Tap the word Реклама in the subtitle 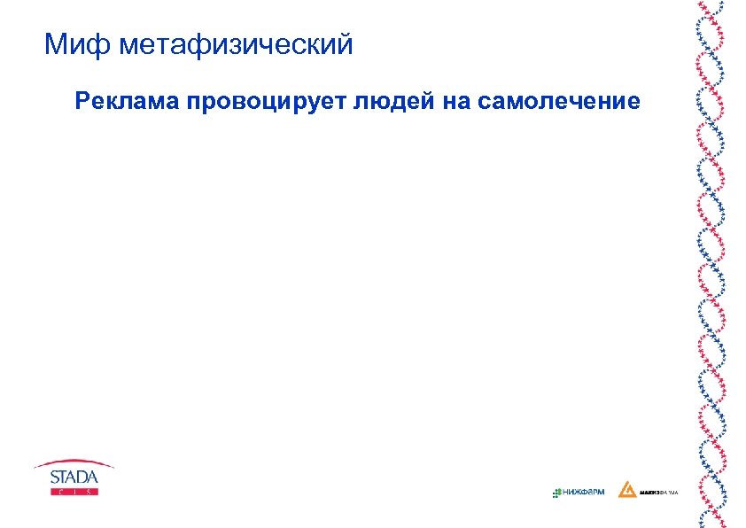point(128,101)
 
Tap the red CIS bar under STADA point(74,491)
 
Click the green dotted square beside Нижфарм point(556,492)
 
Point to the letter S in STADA point(53,478)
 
